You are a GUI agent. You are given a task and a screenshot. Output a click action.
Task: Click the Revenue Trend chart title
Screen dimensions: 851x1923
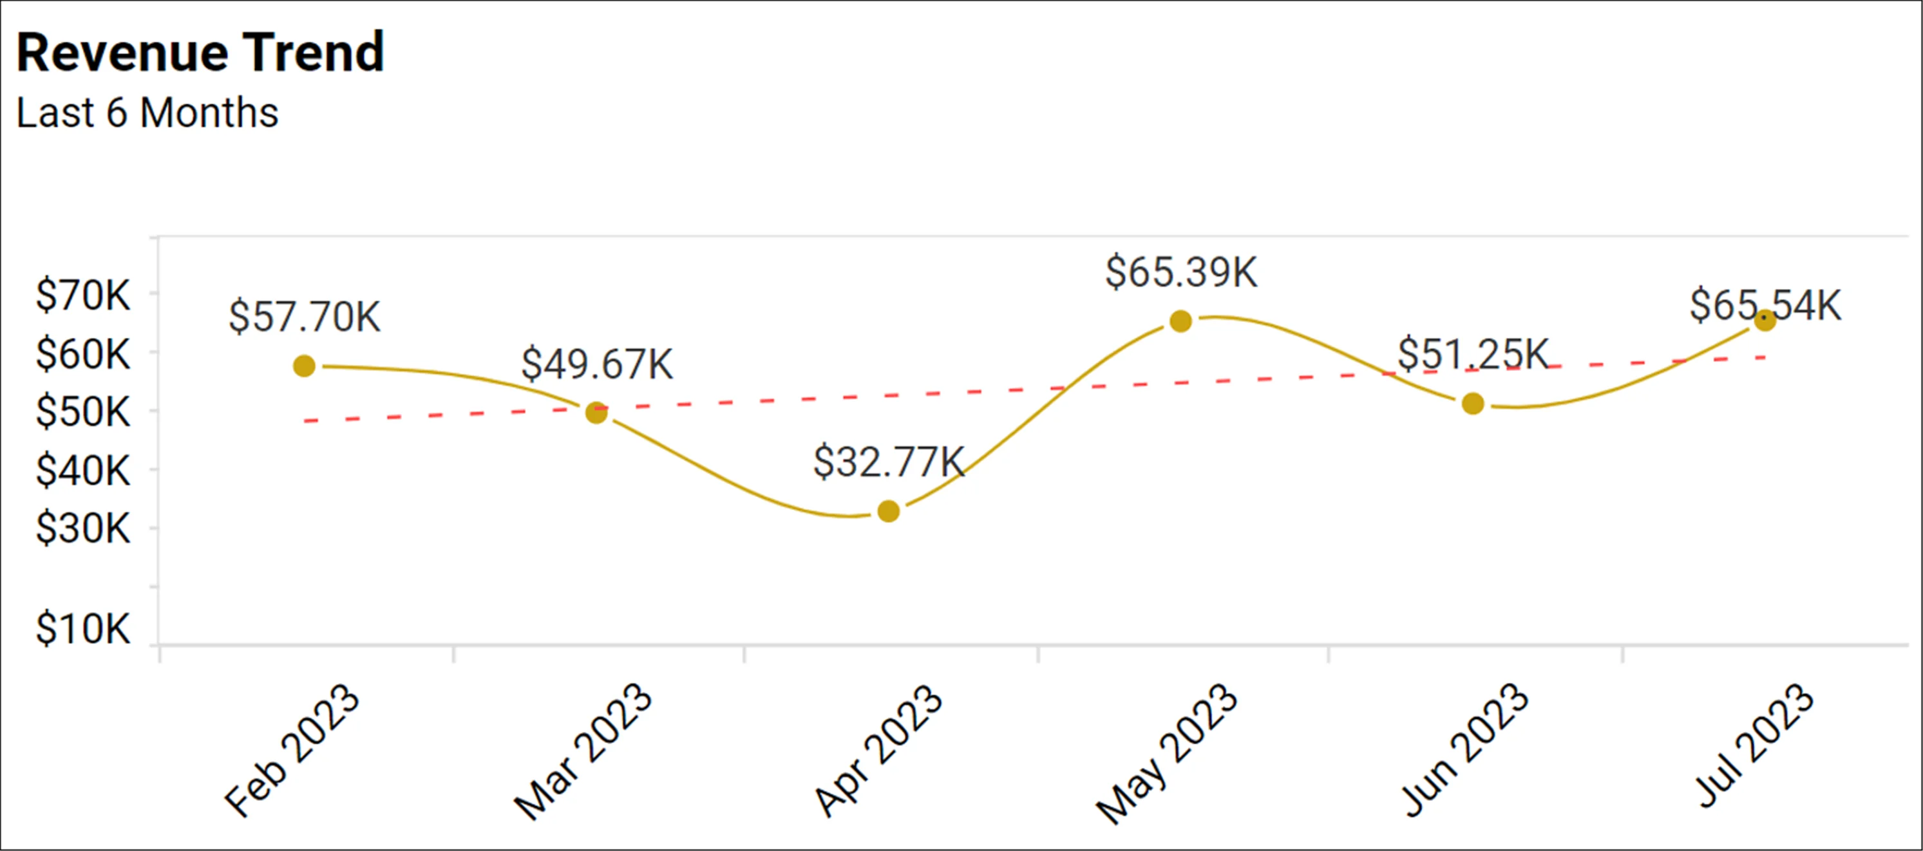(200, 52)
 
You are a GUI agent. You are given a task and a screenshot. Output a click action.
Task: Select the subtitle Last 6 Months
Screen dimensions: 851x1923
(147, 113)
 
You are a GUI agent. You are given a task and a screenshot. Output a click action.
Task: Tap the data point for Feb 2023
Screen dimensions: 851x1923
(304, 366)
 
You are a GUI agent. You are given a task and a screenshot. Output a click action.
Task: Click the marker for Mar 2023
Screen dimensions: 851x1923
(596, 412)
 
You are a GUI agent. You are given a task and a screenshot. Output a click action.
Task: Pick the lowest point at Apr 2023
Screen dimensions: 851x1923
(888, 511)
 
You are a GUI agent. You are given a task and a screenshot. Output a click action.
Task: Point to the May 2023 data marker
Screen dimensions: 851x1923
(1180, 321)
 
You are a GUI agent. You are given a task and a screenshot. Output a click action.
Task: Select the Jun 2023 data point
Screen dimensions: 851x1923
(1473, 404)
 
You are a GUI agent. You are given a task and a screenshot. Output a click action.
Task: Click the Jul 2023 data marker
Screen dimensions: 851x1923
(1765, 320)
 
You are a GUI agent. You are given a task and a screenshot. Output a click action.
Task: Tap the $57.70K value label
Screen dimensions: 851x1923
(304, 317)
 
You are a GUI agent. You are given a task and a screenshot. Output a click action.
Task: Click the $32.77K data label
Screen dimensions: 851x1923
(888, 462)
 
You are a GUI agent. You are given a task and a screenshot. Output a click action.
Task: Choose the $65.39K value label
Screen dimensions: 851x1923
(1181, 272)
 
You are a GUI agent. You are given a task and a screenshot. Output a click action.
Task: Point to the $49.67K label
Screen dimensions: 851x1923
(596, 364)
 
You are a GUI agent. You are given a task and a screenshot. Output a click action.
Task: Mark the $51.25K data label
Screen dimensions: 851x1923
(1473, 354)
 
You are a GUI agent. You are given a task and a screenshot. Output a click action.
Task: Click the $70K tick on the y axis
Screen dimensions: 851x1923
(83, 295)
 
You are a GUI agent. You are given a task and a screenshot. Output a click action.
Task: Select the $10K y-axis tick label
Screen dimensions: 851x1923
(83, 628)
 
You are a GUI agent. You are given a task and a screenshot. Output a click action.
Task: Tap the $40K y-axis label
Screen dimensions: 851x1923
(83, 471)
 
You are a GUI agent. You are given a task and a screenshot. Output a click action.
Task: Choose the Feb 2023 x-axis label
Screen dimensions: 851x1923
(292, 749)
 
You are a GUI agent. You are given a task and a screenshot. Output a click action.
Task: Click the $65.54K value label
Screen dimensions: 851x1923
(1765, 304)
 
